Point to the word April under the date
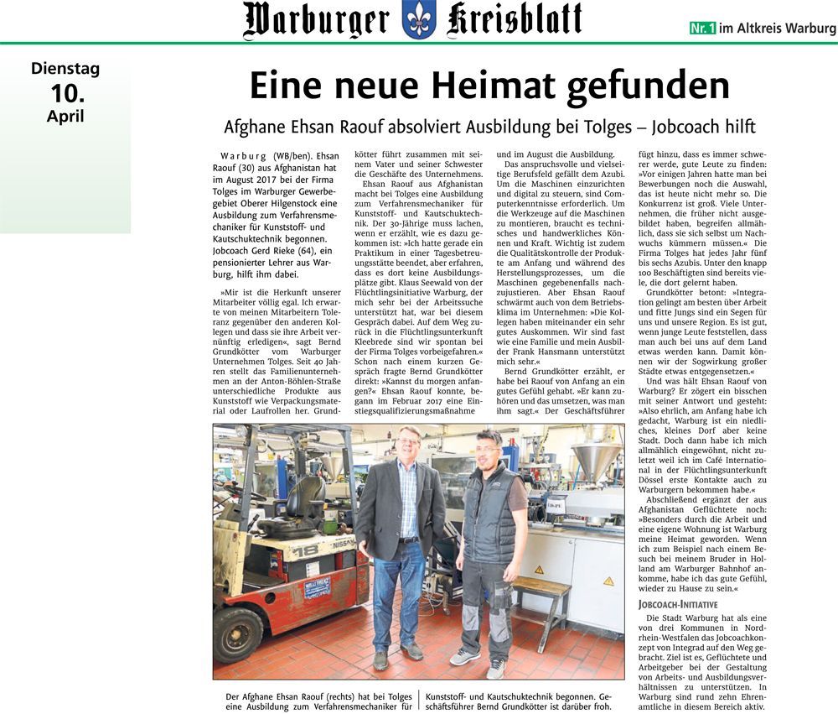[x=65, y=116]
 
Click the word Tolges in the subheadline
[x=589, y=128]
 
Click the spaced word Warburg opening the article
[x=244, y=157]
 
